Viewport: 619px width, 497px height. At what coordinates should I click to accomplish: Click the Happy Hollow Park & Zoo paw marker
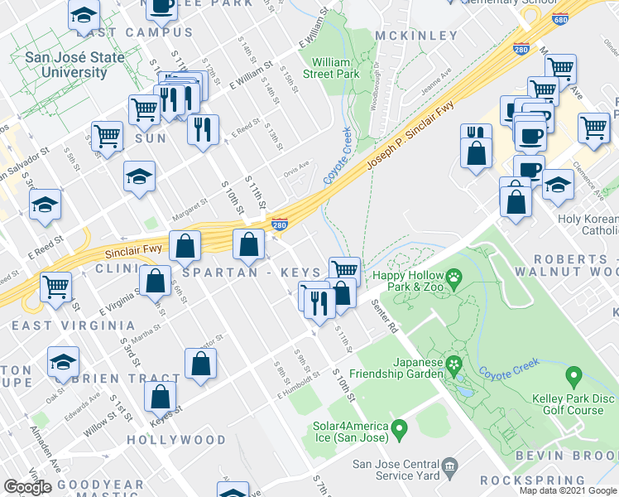453,276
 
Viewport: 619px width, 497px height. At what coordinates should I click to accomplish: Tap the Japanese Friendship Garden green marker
453,364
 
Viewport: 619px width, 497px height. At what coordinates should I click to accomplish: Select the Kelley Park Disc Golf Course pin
573,379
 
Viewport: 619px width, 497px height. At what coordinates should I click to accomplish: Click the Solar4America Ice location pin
400,430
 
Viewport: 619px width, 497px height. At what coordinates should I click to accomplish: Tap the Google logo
27,487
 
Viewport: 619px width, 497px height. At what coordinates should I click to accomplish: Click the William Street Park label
335,67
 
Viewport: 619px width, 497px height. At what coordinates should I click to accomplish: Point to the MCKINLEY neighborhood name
415,36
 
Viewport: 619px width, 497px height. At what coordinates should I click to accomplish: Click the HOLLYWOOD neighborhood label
176,439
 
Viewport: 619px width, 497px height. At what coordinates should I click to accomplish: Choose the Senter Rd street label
384,316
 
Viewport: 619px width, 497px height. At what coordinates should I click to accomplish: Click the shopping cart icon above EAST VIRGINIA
55,286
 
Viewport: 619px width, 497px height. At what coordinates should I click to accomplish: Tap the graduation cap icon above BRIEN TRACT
62,363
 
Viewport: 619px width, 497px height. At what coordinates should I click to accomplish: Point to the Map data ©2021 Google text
567,490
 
